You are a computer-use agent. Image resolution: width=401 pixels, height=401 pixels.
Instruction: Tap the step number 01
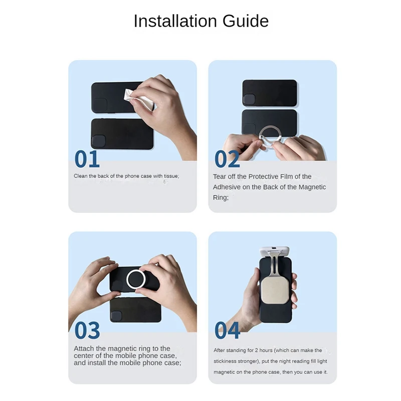tap(87, 159)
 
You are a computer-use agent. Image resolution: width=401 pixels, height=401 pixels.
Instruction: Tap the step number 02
tap(227, 159)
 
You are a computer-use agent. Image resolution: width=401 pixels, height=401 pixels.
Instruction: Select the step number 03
tap(87, 331)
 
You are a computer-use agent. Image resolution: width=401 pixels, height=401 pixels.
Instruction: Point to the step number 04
tap(227, 331)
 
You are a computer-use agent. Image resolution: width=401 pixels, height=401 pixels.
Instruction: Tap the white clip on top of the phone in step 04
tap(275, 252)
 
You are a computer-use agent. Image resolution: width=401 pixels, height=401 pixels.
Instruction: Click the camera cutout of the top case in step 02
tap(249, 99)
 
